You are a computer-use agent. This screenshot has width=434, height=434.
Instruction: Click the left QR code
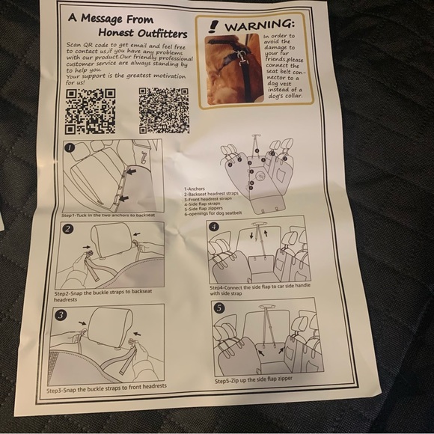(x=91, y=110)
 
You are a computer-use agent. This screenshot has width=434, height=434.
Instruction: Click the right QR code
(x=162, y=109)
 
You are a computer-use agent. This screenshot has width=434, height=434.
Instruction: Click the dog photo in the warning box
(x=233, y=69)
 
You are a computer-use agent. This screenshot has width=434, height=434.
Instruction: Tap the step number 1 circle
(x=70, y=147)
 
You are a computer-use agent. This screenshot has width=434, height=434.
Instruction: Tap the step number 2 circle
(x=67, y=229)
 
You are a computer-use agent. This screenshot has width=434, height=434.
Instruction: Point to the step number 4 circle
(x=214, y=226)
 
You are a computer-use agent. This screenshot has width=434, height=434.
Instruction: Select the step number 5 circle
(x=218, y=308)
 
